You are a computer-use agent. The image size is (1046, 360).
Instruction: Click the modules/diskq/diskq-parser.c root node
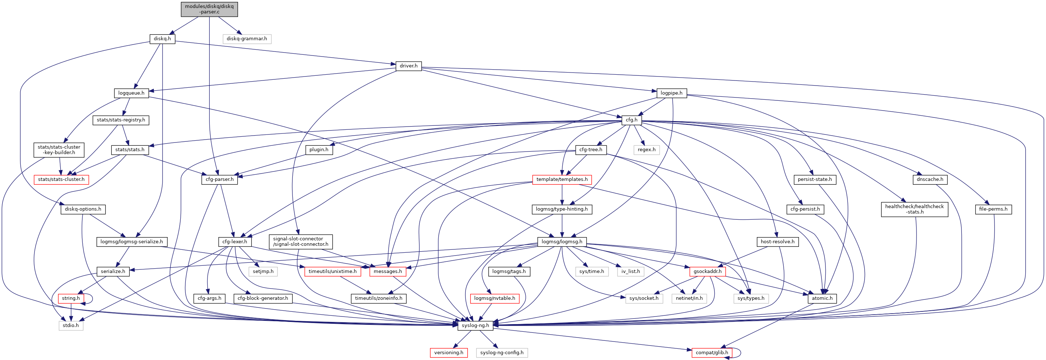(209, 9)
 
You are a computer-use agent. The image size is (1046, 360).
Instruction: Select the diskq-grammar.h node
(246, 39)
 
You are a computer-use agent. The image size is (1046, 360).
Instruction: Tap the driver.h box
(409, 66)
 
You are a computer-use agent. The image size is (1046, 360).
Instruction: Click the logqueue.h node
(131, 93)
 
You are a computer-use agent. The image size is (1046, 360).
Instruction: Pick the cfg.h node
(631, 120)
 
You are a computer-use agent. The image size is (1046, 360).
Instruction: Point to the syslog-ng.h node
(475, 325)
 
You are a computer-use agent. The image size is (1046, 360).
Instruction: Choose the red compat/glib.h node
(711, 352)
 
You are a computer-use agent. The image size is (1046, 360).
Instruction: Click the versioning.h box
(448, 352)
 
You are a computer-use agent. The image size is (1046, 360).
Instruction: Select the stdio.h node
(71, 325)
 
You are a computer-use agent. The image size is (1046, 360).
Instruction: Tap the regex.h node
(647, 150)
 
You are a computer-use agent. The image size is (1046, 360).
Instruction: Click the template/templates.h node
(562, 179)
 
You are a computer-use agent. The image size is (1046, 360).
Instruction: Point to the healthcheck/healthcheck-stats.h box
(914, 209)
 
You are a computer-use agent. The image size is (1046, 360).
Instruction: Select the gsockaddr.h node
(707, 271)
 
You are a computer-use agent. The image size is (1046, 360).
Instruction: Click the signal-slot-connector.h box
(300, 241)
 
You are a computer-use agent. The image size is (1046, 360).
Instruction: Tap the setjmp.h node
(263, 271)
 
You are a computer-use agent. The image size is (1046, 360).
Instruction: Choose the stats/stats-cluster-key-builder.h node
(59, 150)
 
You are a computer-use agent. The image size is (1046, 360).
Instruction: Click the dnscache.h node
(930, 179)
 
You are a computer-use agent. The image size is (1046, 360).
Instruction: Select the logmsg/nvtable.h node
(494, 298)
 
